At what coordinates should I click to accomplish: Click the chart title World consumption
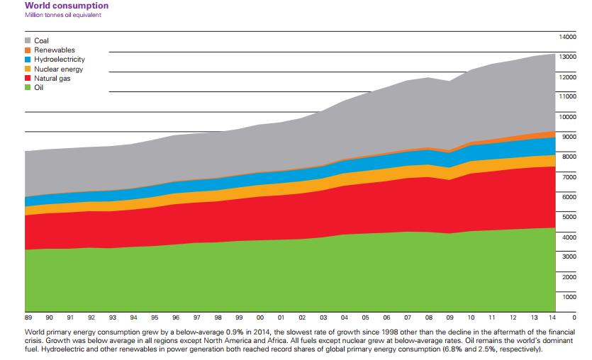(x=66, y=6)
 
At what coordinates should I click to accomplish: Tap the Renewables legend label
(x=53, y=51)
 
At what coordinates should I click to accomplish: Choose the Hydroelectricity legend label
(x=60, y=60)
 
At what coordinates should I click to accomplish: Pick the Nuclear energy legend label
(x=58, y=69)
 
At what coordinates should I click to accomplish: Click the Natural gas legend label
(x=52, y=79)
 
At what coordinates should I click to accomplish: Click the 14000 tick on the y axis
(x=568, y=36)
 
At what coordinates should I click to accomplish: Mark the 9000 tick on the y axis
(x=570, y=136)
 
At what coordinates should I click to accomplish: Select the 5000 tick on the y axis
(x=570, y=216)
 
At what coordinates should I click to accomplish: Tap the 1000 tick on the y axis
(x=570, y=296)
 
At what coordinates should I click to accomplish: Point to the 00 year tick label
(x=259, y=317)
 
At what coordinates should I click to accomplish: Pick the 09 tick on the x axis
(x=449, y=317)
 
